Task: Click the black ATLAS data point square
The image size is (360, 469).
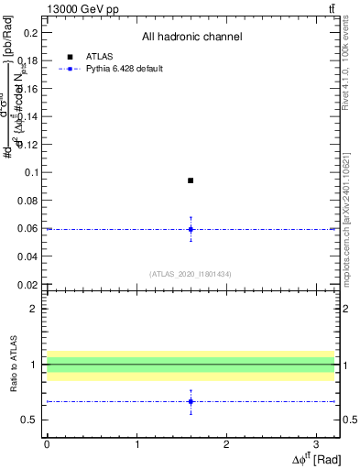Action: [191, 180]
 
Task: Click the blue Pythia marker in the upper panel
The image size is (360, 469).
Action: [191, 229]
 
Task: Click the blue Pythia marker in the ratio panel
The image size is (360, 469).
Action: [191, 401]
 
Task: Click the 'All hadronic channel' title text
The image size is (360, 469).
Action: [191, 38]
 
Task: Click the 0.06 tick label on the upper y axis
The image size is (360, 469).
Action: [28, 228]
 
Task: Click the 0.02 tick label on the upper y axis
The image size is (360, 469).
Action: [28, 284]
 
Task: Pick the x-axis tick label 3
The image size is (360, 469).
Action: [315, 444]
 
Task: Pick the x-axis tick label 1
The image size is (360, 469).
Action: [136, 444]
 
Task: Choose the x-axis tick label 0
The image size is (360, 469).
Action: [47, 444]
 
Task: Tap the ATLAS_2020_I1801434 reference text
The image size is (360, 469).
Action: [191, 273]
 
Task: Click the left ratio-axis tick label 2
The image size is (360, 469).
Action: [34, 309]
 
